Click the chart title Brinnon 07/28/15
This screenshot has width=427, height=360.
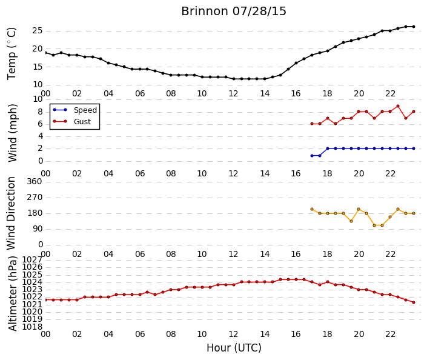pyautogui.click(x=234, y=12)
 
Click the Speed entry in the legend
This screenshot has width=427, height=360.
pyautogui.click(x=85, y=110)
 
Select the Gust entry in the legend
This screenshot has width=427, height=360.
pyautogui.click(x=82, y=122)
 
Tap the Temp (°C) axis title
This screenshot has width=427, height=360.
pyautogui.click(x=12, y=54)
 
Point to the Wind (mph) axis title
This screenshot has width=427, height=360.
pyautogui.click(x=12, y=133)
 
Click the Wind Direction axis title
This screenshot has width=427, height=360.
pyautogui.click(x=11, y=213)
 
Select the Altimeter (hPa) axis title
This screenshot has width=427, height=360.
pyautogui.click(x=13, y=293)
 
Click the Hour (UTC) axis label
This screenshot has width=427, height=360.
pyautogui.click(x=234, y=348)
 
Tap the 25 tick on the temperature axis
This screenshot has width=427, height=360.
pyautogui.click(x=38, y=30)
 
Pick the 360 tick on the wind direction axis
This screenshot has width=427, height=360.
pyautogui.click(x=35, y=181)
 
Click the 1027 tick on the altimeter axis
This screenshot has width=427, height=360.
pyautogui.click(x=32, y=259)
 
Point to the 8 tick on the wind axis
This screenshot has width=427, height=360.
pyautogui.click(x=41, y=112)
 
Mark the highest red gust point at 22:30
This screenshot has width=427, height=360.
pyautogui.click(x=398, y=106)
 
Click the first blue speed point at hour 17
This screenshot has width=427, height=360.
pyautogui.click(x=312, y=156)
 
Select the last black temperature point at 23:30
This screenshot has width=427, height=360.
pyautogui.click(x=414, y=27)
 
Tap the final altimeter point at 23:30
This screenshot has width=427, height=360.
pyautogui.click(x=414, y=302)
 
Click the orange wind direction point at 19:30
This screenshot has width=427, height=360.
pyautogui.click(x=351, y=221)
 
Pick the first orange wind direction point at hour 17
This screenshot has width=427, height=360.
pyautogui.click(x=312, y=209)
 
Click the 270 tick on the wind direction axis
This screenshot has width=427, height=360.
pyautogui.click(x=35, y=198)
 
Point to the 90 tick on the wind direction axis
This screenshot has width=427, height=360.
pyautogui.click(x=38, y=229)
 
